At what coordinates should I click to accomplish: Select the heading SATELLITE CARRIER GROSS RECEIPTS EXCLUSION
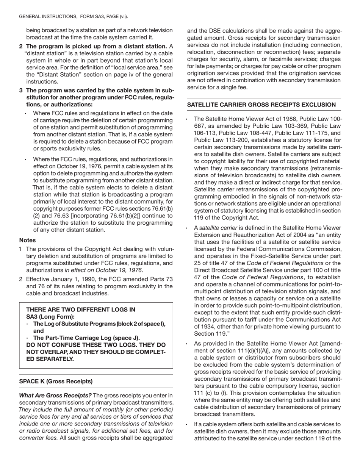click(261, 105)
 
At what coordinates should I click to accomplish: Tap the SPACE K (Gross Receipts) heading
click(56, 381)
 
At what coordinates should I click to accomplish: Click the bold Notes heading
click(27, 240)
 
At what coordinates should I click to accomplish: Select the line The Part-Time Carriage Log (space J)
click(86, 338)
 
